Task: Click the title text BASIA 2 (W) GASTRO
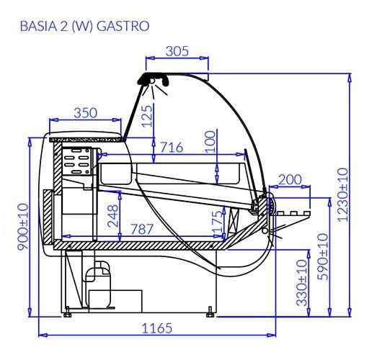click(84, 27)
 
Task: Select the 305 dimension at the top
click(177, 50)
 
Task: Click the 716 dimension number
click(171, 148)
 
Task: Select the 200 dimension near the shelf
click(290, 179)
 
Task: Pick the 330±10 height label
click(302, 284)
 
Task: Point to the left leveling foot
click(67, 311)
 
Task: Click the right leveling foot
click(210, 311)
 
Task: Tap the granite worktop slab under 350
click(87, 136)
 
